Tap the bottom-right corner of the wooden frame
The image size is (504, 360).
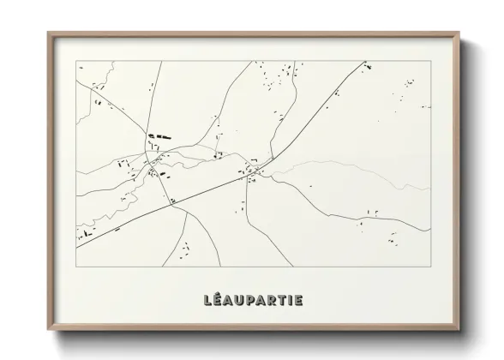pyautogui.click(x=460, y=332)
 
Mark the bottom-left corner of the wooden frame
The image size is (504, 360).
pyautogui.click(x=48, y=332)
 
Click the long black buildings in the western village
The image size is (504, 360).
pyautogui.click(x=158, y=135)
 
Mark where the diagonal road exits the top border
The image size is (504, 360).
pyautogui.click(x=366, y=61)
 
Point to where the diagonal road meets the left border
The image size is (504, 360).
pyautogui.click(x=76, y=240)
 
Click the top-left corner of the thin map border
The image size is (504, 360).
pyautogui.click(x=76, y=61)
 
